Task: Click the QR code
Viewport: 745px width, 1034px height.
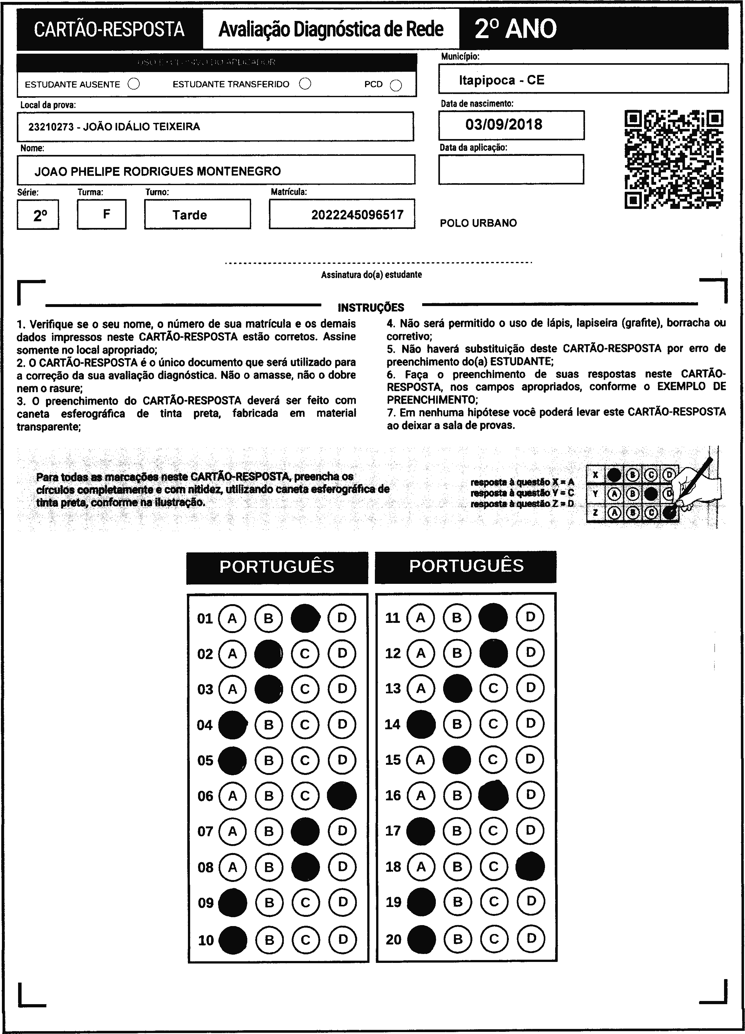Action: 673,159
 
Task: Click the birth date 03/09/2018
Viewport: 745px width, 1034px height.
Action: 504,124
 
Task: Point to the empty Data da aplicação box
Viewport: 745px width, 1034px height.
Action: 511,169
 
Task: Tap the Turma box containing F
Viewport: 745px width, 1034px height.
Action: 102,214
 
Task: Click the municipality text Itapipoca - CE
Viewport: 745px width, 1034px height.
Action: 502,80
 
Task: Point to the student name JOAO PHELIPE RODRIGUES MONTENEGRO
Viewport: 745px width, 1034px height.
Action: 158,171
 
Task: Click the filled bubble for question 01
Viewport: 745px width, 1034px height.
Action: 305,618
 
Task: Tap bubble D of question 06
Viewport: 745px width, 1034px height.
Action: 342,796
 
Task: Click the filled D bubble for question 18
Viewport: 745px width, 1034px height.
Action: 530,866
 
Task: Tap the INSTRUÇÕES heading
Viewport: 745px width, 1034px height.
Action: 371,308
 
